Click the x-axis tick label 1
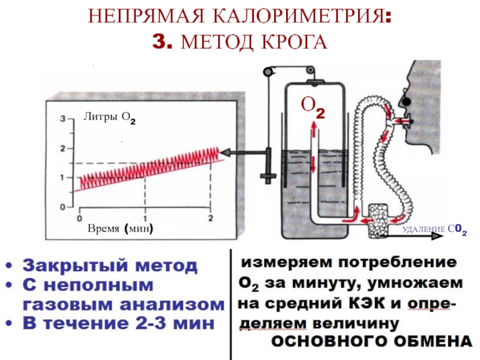click(145, 218)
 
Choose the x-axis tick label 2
click(210, 218)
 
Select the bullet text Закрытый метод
click(110, 266)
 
